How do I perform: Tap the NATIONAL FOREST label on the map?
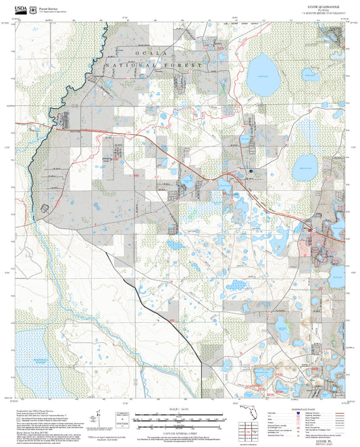point(155,64)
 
